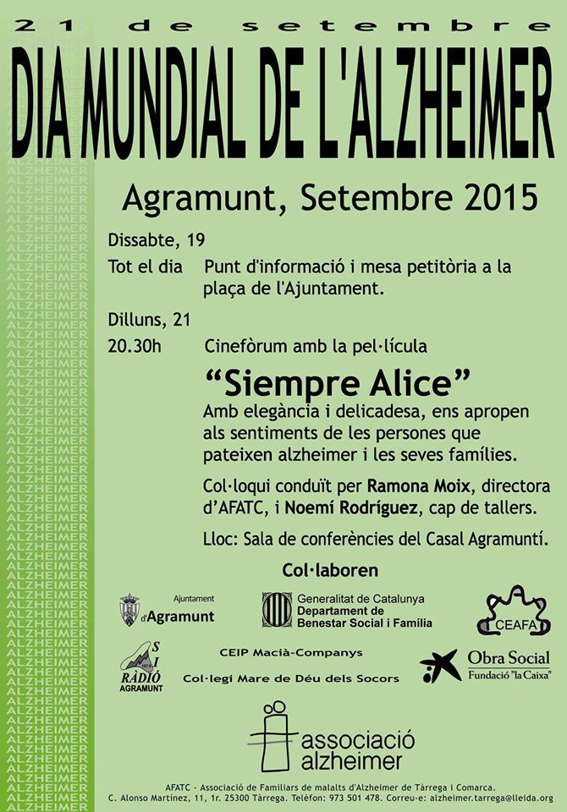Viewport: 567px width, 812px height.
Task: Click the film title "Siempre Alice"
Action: [x=338, y=383]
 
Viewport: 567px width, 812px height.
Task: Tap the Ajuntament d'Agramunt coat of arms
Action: [x=129, y=610]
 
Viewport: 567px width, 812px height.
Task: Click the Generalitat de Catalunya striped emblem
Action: [x=277, y=609]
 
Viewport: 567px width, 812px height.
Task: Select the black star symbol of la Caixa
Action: [x=441, y=666]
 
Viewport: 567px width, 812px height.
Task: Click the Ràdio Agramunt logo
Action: [x=140, y=667]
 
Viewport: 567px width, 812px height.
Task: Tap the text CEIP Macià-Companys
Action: [x=291, y=653]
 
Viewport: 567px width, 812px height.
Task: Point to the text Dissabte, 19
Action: [x=157, y=239]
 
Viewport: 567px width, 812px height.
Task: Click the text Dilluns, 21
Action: [x=149, y=320]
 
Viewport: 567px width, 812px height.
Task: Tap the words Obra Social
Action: [x=509, y=658]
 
